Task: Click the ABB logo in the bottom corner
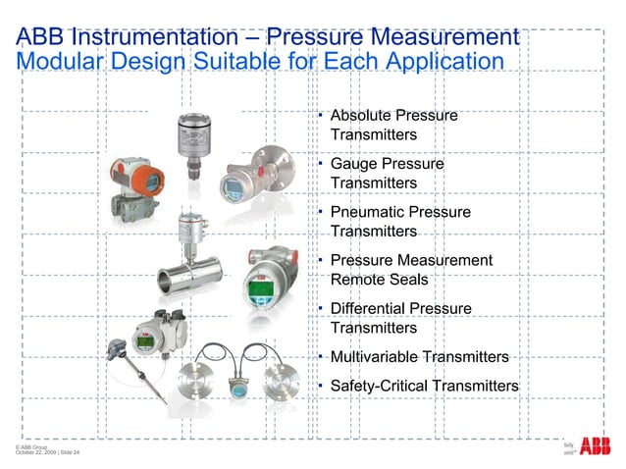[x=595, y=447]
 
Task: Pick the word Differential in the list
[x=371, y=308]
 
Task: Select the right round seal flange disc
[x=287, y=379]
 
